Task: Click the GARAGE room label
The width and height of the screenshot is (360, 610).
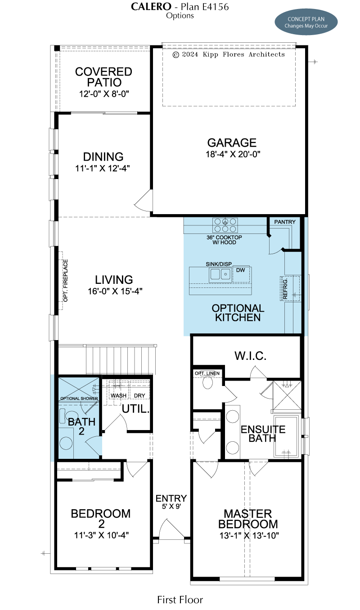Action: pos(232,143)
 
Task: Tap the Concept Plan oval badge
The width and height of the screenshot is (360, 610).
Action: pos(306,22)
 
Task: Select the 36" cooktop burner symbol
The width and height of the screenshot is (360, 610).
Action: pos(225,225)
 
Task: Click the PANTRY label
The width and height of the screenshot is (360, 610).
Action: pos(285,222)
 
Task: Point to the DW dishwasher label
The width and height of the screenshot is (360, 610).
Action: pos(240,270)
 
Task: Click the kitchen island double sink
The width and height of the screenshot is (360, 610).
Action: pos(220,274)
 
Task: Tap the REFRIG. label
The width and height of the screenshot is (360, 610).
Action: pos(285,289)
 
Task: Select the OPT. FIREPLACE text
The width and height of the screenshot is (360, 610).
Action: pos(66,281)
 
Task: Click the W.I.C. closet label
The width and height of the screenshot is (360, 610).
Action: pos(251,356)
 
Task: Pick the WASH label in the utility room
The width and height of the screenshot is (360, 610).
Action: pos(118,395)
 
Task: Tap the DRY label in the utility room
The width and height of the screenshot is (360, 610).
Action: pos(139,395)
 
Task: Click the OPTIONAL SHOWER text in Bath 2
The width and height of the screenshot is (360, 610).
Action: pos(79,399)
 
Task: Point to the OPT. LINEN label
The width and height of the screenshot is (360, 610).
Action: pos(207,373)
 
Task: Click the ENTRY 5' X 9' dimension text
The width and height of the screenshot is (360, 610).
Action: pos(171,507)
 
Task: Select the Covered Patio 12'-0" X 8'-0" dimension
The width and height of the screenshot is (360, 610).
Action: pos(104,94)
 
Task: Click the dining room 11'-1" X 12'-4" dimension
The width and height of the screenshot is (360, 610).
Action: pos(103,169)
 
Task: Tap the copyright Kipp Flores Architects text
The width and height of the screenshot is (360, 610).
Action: pos(229,54)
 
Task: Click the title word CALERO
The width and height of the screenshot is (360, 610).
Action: pos(151,7)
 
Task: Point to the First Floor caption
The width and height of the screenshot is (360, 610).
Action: pos(180,600)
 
